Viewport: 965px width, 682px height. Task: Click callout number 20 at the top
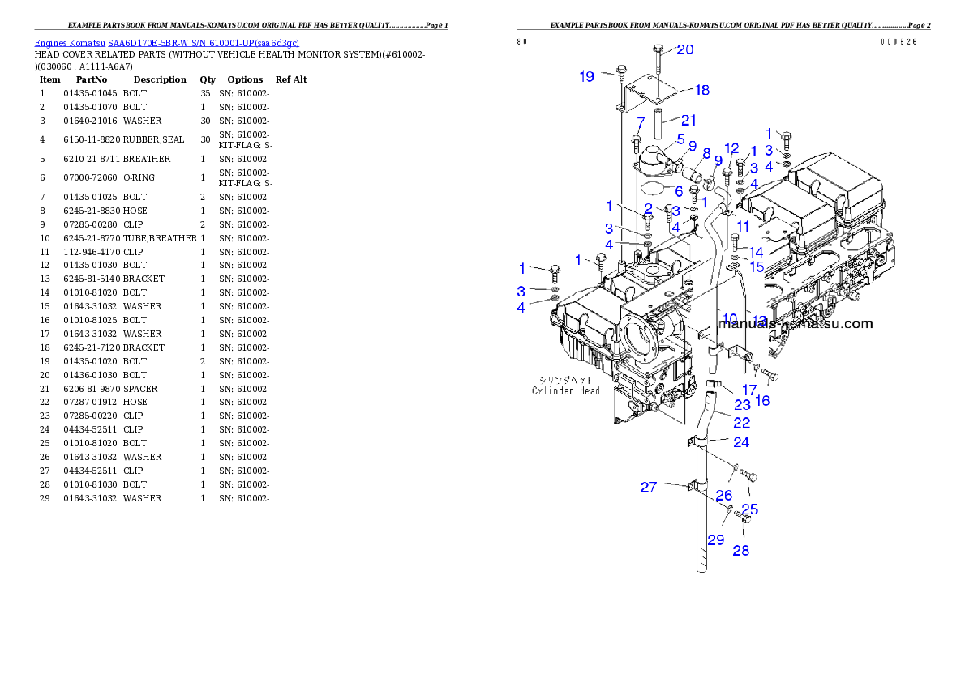point(685,49)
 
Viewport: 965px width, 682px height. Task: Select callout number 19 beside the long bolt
point(587,76)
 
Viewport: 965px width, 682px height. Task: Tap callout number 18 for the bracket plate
point(702,90)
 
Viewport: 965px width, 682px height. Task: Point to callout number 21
point(688,120)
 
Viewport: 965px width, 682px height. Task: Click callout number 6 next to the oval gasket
point(678,191)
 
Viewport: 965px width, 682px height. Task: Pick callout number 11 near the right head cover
point(744,227)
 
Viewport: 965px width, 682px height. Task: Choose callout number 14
point(756,253)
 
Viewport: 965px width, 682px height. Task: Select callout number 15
point(756,266)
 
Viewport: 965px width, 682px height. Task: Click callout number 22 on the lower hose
point(741,422)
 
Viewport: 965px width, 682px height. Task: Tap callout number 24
point(741,442)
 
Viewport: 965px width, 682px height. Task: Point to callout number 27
point(649,487)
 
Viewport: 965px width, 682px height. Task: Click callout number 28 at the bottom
point(741,551)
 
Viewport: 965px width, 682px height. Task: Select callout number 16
point(762,400)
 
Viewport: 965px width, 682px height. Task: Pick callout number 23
point(743,404)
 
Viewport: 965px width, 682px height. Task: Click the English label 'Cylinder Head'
point(566,391)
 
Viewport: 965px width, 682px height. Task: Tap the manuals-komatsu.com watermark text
point(796,324)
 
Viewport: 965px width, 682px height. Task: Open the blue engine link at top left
point(166,43)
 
